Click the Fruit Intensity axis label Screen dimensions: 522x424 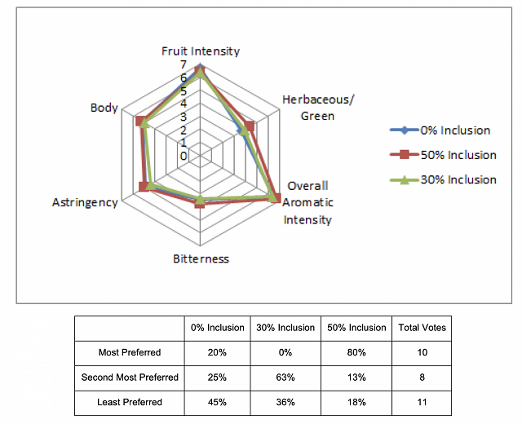pyautogui.click(x=201, y=51)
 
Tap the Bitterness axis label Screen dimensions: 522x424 pyautogui.click(x=201, y=259)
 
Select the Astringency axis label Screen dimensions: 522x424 pyautogui.click(x=85, y=203)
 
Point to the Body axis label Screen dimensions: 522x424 pyautogui.click(x=104, y=108)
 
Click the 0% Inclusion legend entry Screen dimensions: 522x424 pyautogui.click(x=440, y=130)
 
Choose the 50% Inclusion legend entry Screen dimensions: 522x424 pyautogui.click(x=443, y=155)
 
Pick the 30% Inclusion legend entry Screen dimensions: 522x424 pyautogui.click(x=443, y=179)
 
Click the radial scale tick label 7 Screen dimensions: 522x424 pyautogui.click(x=184, y=64)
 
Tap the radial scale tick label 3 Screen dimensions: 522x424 pyautogui.click(x=184, y=117)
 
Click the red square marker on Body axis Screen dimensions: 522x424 pyautogui.click(x=140, y=121)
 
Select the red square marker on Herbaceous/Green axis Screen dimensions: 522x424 pyautogui.click(x=250, y=126)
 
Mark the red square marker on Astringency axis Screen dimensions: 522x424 pyautogui.click(x=144, y=187)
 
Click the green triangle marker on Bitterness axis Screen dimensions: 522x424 pyautogui.click(x=200, y=200)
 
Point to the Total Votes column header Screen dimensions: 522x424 pyautogui.click(x=422, y=328)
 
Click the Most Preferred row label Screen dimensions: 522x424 pyautogui.click(x=130, y=352)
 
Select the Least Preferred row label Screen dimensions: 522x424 pyautogui.click(x=130, y=402)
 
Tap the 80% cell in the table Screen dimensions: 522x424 pyautogui.click(x=356, y=352)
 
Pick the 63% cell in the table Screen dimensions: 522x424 pyautogui.click(x=285, y=378)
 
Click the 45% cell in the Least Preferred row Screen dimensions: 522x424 pyautogui.click(x=217, y=402)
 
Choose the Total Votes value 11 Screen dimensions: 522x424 pyautogui.click(x=422, y=402)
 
